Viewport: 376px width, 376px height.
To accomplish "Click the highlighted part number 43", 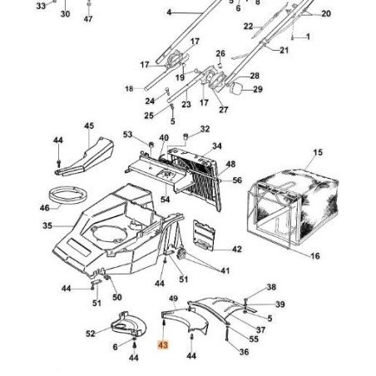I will click(163, 343).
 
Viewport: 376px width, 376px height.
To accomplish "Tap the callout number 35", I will click(47, 225).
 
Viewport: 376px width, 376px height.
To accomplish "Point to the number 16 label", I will click(315, 256).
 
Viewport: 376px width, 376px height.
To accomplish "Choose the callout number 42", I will click(236, 250).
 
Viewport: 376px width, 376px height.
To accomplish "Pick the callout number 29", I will click(257, 89).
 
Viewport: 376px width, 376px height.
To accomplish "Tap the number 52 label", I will click(90, 334).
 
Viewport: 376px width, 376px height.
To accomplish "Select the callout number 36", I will click(244, 352).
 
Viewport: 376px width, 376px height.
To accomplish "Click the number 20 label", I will click(325, 14).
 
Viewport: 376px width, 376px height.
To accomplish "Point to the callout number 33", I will click(42, 5).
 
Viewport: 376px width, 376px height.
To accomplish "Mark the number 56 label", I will click(237, 180).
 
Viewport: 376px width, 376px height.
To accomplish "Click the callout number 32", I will click(205, 130).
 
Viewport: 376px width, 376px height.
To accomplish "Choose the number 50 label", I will click(116, 297).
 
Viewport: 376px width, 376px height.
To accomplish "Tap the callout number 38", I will click(270, 287).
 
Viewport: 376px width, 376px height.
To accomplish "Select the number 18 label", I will click(129, 88).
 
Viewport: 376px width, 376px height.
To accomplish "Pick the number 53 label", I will click(127, 134).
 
